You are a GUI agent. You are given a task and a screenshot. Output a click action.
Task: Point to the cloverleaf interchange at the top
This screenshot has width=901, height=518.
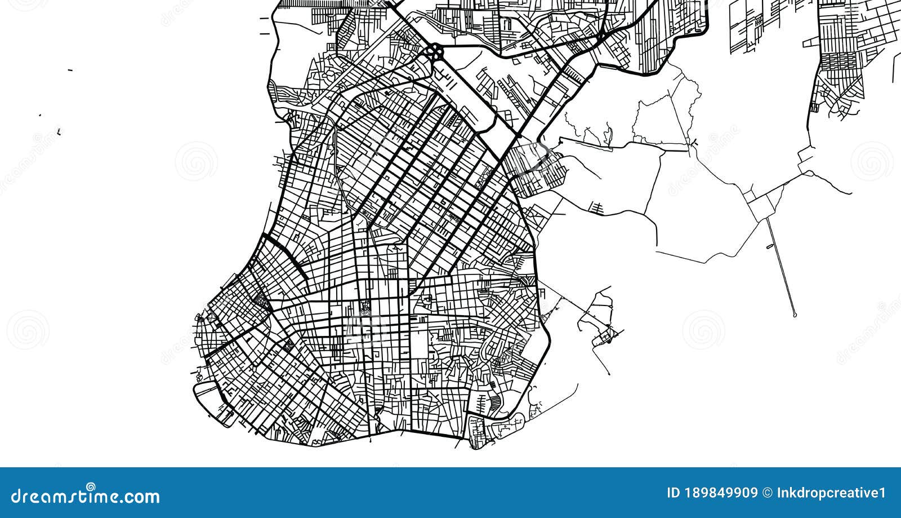tap(434, 54)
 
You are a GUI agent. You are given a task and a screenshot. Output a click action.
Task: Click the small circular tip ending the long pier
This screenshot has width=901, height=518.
tap(794, 314)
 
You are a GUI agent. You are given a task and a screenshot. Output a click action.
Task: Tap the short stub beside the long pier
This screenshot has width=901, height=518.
tap(770, 246)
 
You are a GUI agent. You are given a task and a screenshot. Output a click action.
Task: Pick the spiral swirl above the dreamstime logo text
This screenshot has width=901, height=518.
tap(90, 486)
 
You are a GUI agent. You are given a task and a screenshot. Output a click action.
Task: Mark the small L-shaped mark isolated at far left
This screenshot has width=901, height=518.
tap(59, 132)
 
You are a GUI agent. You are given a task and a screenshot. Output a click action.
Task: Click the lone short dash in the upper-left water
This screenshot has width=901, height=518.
tap(70, 70)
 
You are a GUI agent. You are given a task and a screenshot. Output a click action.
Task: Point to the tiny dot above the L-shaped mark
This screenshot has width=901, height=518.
tap(40, 115)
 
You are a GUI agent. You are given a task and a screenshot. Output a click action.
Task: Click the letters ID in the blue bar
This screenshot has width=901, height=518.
tap(673, 493)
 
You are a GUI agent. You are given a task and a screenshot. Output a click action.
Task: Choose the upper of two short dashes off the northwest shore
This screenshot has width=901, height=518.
tap(264, 19)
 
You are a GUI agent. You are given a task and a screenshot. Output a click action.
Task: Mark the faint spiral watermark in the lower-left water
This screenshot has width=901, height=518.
tap(27, 329)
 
